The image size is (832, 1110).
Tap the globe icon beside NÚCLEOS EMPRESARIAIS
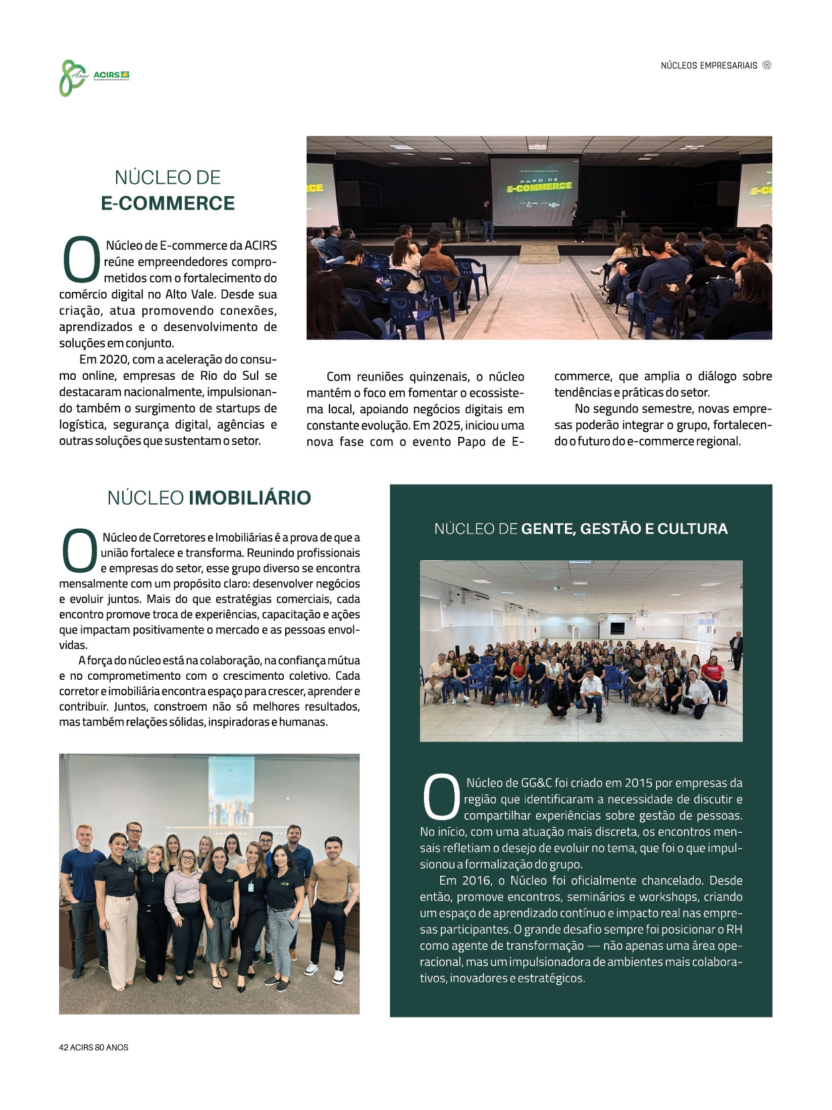(x=767, y=65)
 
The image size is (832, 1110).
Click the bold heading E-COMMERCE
(x=168, y=203)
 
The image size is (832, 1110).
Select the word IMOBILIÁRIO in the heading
(x=250, y=498)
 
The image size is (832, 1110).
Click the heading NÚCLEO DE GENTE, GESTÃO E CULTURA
(x=580, y=529)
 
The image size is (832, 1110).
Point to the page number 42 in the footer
(x=64, y=1048)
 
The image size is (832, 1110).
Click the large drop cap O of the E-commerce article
(x=81, y=259)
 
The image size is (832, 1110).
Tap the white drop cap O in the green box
(x=441, y=797)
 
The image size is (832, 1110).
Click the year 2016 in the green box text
(x=476, y=880)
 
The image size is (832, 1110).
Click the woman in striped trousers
(x=219, y=913)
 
